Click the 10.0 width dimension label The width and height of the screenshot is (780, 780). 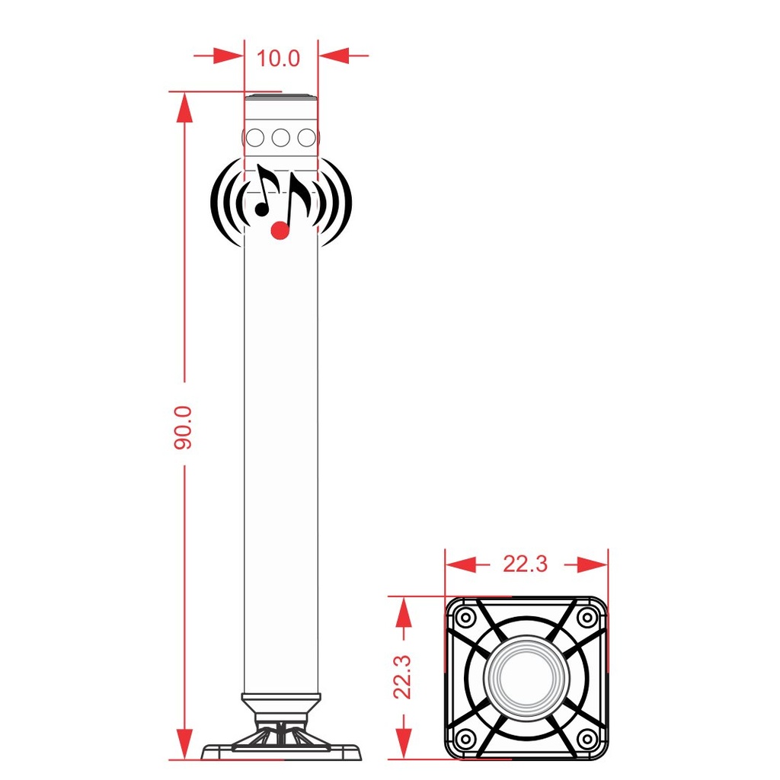[x=278, y=58]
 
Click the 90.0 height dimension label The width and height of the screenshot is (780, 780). [x=183, y=427]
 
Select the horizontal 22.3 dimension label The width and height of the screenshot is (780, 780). [x=525, y=564]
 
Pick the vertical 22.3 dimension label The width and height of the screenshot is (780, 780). [x=402, y=676]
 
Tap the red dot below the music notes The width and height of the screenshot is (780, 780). [x=280, y=230]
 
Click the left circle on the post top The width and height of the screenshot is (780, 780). [x=255, y=138]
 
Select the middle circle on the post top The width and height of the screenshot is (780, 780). [x=280, y=138]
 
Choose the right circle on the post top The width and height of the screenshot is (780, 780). [x=306, y=138]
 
